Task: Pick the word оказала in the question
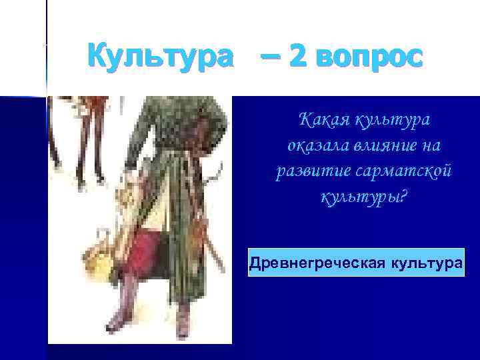tap(312, 145)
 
